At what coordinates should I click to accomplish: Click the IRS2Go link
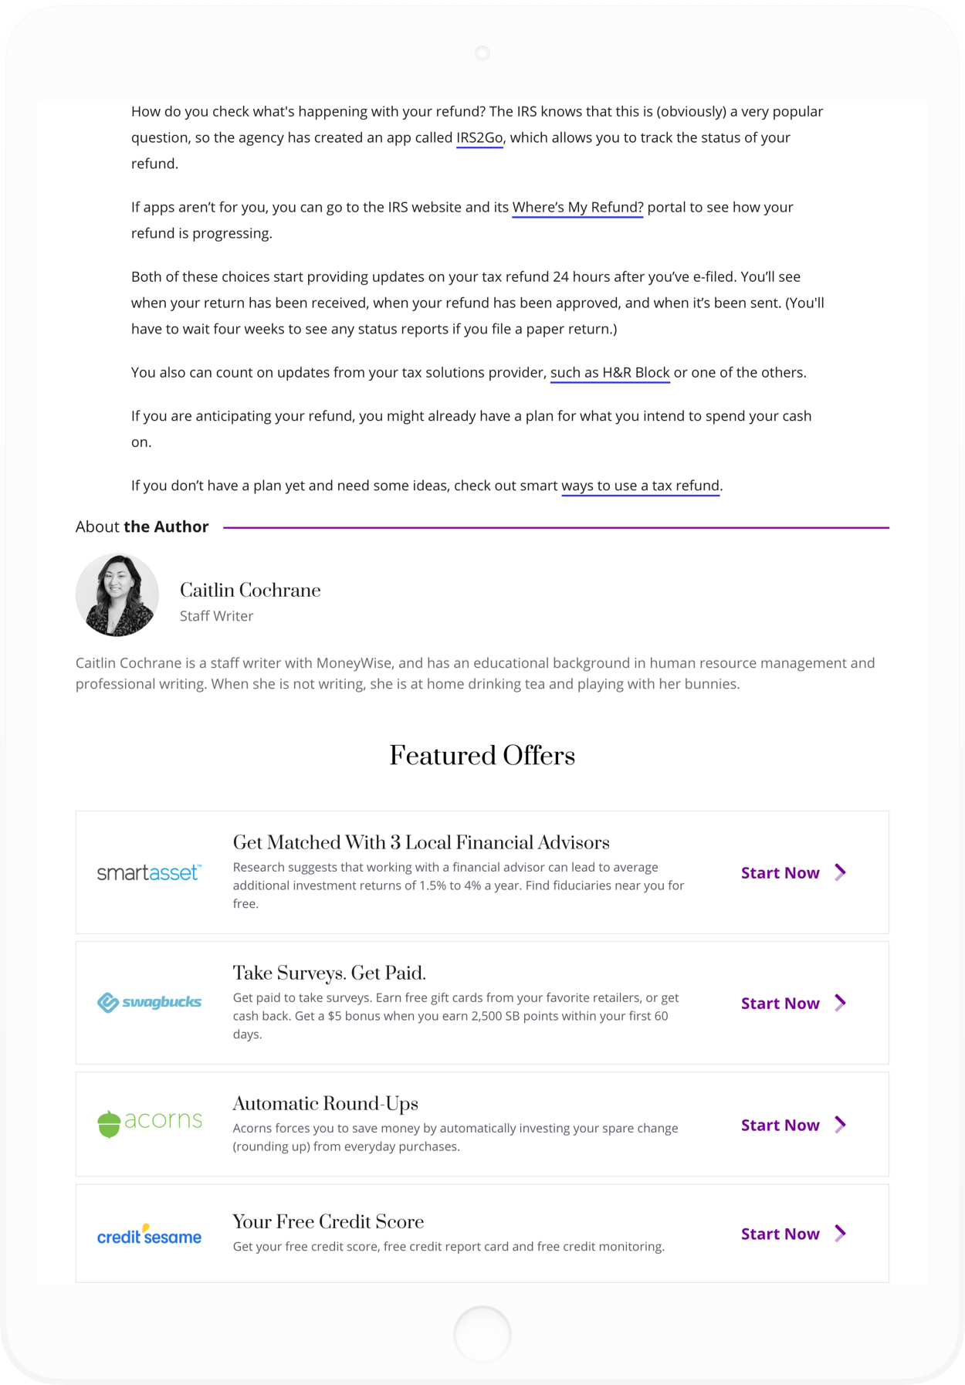[479, 138]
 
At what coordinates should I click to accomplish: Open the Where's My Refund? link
[577, 208]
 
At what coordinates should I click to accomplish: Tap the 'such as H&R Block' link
[610, 373]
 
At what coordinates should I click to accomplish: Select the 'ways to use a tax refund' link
[640, 486]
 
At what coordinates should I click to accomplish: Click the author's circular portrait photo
[117, 595]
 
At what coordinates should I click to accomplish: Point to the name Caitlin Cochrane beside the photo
[250, 591]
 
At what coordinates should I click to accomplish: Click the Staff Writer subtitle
[216, 616]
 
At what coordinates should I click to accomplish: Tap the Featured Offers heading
[482, 755]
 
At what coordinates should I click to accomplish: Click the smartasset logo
[149, 873]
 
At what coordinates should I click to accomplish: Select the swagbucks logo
[149, 1003]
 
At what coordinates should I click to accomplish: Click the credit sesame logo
[149, 1235]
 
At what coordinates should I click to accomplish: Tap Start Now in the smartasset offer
[793, 873]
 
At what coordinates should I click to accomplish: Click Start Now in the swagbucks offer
[793, 1004]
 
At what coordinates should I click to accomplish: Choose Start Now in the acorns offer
[793, 1126]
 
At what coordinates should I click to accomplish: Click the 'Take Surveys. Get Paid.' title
[330, 973]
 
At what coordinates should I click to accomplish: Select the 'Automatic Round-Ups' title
[326, 1103]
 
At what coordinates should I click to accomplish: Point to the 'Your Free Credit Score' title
[328, 1221]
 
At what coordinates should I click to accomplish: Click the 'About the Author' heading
[142, 527]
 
